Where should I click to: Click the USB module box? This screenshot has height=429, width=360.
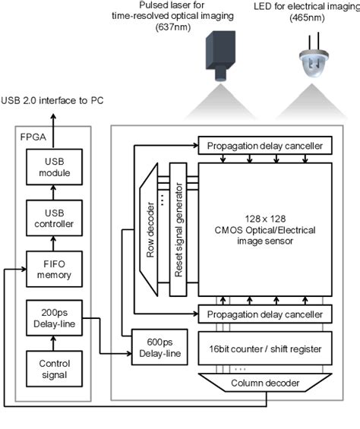52,166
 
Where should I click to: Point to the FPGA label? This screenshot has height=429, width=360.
31,137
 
